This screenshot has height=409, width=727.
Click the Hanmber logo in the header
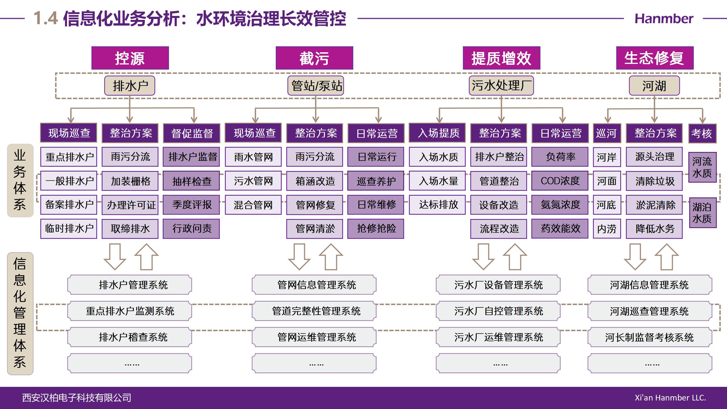pyautogui.click(x=664, y=19)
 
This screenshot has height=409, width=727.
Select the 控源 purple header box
pyautogui.click(x=130, y=58)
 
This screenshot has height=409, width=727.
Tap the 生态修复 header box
pyautogui.click(x=655, y=58)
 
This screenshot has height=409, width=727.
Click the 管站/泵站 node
pyautogui.click(x=316, y=85)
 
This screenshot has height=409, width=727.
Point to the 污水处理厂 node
pyautogui.click(x=501, y=85)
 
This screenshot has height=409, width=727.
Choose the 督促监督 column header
pyautogui.click(x=191, y=133)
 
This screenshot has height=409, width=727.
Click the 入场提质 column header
pyautogui.click(x=437, y=133)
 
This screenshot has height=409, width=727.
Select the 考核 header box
pyautogui.click(x=702, y=133)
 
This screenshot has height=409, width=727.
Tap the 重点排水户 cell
pyautogui.click(x=69, y=156)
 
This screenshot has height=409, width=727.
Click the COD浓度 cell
pyautogui.click(x=560, y=181)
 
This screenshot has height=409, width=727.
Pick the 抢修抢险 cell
pyautogui.click(x=376, y=229)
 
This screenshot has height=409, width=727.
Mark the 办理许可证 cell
pyautogui.click(x=130, y=204)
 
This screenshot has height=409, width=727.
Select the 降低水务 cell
pyautogui.click(x=654, y=229)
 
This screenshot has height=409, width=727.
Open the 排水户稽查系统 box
pyautogui.click(x=129, y=337)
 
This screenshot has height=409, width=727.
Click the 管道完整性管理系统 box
pyautogui.click(x=314, y=311)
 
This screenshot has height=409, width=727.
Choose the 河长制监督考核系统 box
pyautogui.click(x=650, y=337)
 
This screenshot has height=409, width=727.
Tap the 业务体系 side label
pyautogui.click(x=20, y=180)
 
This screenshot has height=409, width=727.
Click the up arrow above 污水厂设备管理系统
pyautogui.click(x=515, y=256)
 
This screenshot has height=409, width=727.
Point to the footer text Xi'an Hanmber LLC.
pyautogui.click(x=670, y=398)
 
